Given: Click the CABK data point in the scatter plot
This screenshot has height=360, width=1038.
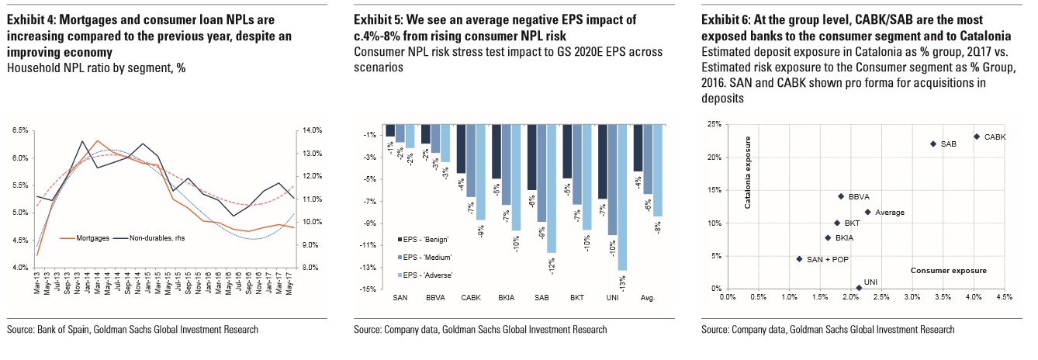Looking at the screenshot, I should pyautogui.click(x=976, y=137).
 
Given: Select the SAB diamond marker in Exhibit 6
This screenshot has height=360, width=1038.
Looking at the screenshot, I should pyautogui.click(x=933, y=144).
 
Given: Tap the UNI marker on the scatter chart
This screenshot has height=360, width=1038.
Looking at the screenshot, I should pyautogui.click(x=858, y=288).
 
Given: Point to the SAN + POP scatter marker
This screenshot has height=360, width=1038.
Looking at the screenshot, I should pyautogui.click(x=799, y=259).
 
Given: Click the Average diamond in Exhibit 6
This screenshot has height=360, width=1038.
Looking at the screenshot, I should pyautogui.click(x=867, y=212).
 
